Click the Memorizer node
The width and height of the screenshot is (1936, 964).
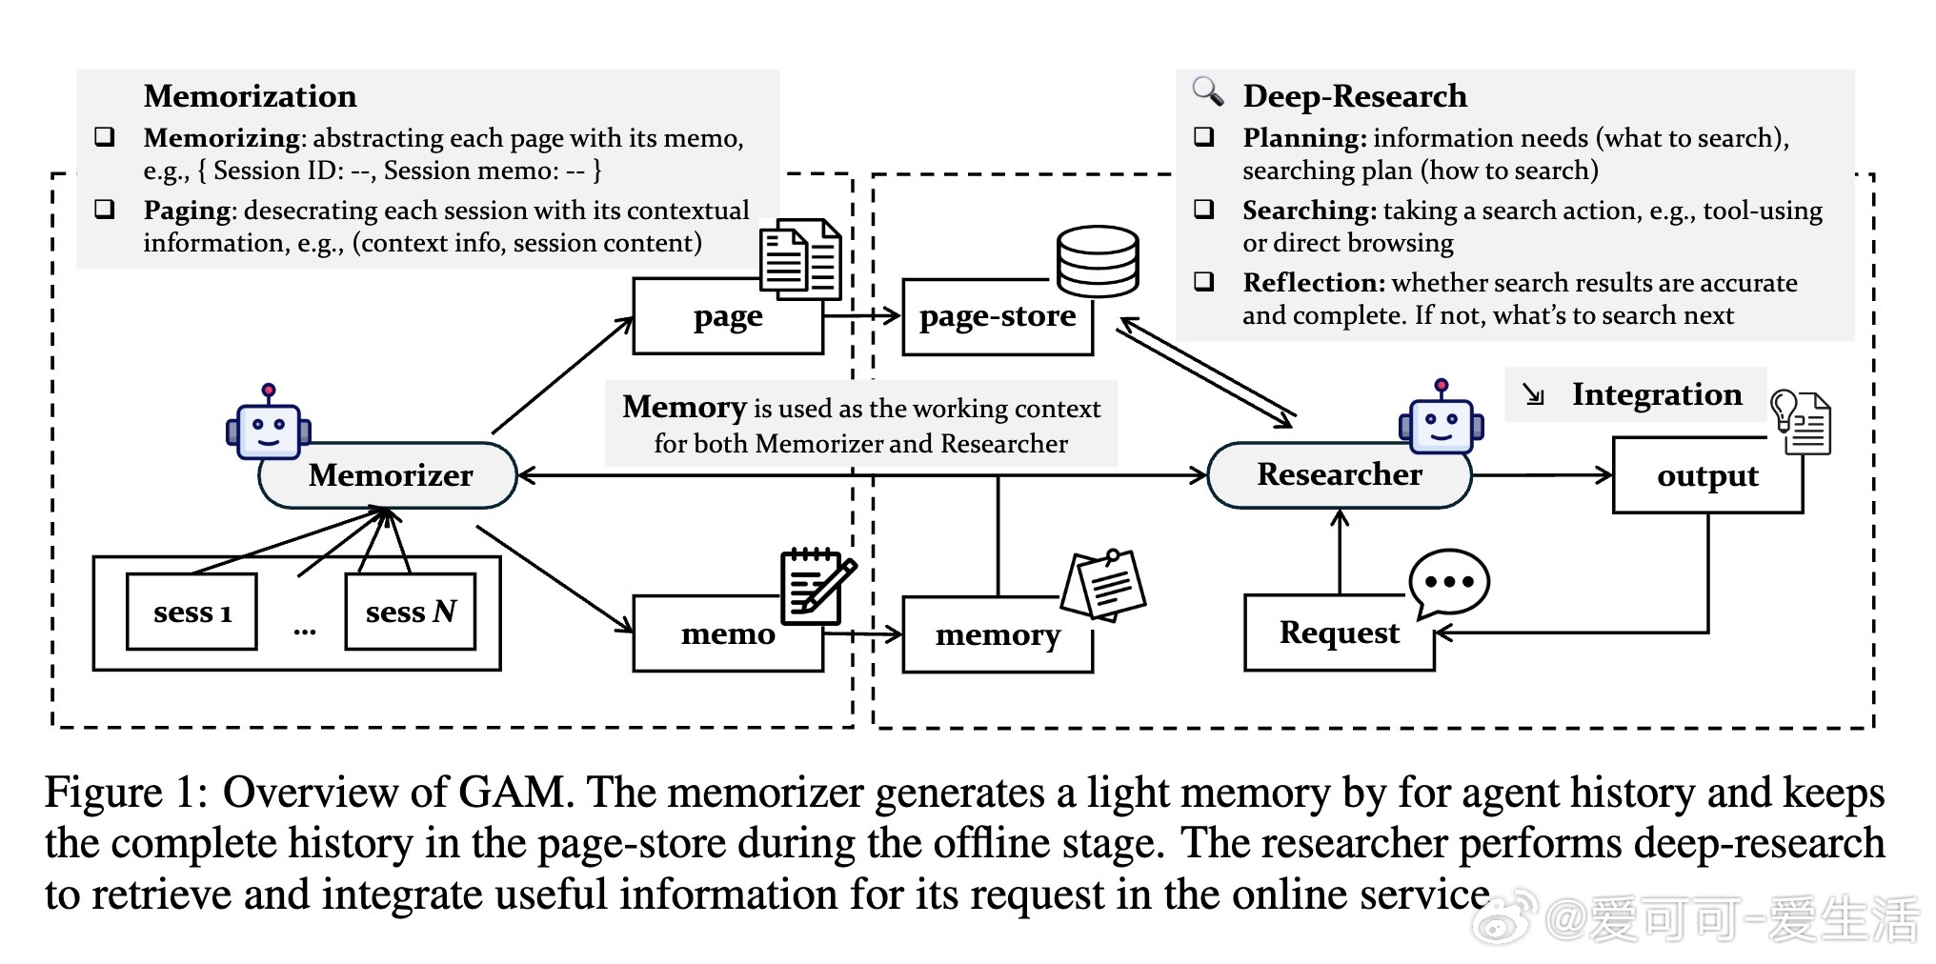(x=389, y=474)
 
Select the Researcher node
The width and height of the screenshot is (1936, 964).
(x=1339, y=474)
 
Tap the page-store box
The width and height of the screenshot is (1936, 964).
(x=997, y=317)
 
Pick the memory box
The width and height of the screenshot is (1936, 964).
(x=997, y=635)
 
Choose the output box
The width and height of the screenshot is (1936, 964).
(x=1707, y=475)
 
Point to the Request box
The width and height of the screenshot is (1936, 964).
(x=1339, y=633)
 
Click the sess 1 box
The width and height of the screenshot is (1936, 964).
(x=192, y=612)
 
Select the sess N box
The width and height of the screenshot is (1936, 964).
(x=411, y=612)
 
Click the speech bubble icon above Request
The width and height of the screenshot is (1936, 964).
(x=1448, y=582)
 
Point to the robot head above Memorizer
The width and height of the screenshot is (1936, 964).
(x=268, y=426)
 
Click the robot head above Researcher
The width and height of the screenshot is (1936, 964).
(x=1441, y=420)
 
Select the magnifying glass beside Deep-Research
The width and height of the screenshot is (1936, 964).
(x=1207, y=91)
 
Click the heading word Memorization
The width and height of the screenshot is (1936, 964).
(x=251, y=96)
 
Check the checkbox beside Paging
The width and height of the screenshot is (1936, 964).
(x=105, y=209)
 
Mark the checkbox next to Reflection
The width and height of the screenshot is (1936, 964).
(x=1204, y=281)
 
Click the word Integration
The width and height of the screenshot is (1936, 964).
(x=1656, y=394)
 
